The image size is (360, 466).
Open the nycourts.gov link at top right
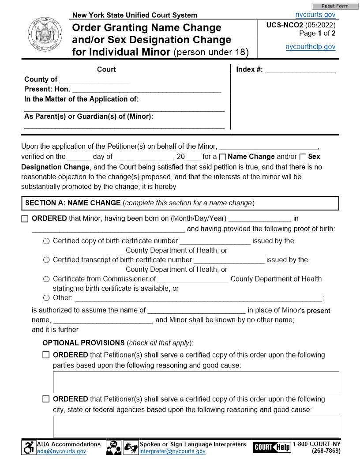pyautogui.click(x=315, y=15)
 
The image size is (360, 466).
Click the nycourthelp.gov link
pyautogui.click(x=311, y=47)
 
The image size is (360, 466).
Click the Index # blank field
pyautogui.click(x=300, y=70)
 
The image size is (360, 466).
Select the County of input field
pyautogui.click(x=94, y=80)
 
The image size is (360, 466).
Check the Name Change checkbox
pyautogui.click(x=223, y=157)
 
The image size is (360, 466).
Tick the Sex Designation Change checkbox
pyautogui.click(x=303, y=157)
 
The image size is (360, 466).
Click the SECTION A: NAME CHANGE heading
pyautogui.click(x=73, y=203)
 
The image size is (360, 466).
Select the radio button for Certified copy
pyautogui.click(x=46, y=241)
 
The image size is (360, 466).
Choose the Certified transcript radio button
pyautogui.click(x=46, y=260)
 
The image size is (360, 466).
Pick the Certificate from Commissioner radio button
pyautogui.click(x=46, y=279)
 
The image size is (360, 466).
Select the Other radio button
pyautogui.click(x=46, y=298)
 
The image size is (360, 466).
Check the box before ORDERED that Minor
pyautogui.click(x=25, y=219)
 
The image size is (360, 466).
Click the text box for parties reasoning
pyautogui.click(x=196, y=382)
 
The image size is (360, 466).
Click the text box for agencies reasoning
pyautogui.click(x=196, y=426)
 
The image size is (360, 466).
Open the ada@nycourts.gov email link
pyautogui.click(x=61, y=451)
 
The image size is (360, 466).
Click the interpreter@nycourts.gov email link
pyautogui.click(x=172, y=451)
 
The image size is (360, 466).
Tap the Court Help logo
pyautogui.click(x=272, y=447)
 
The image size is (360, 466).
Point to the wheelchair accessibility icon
pyautogui.click(x=29, y=448)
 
